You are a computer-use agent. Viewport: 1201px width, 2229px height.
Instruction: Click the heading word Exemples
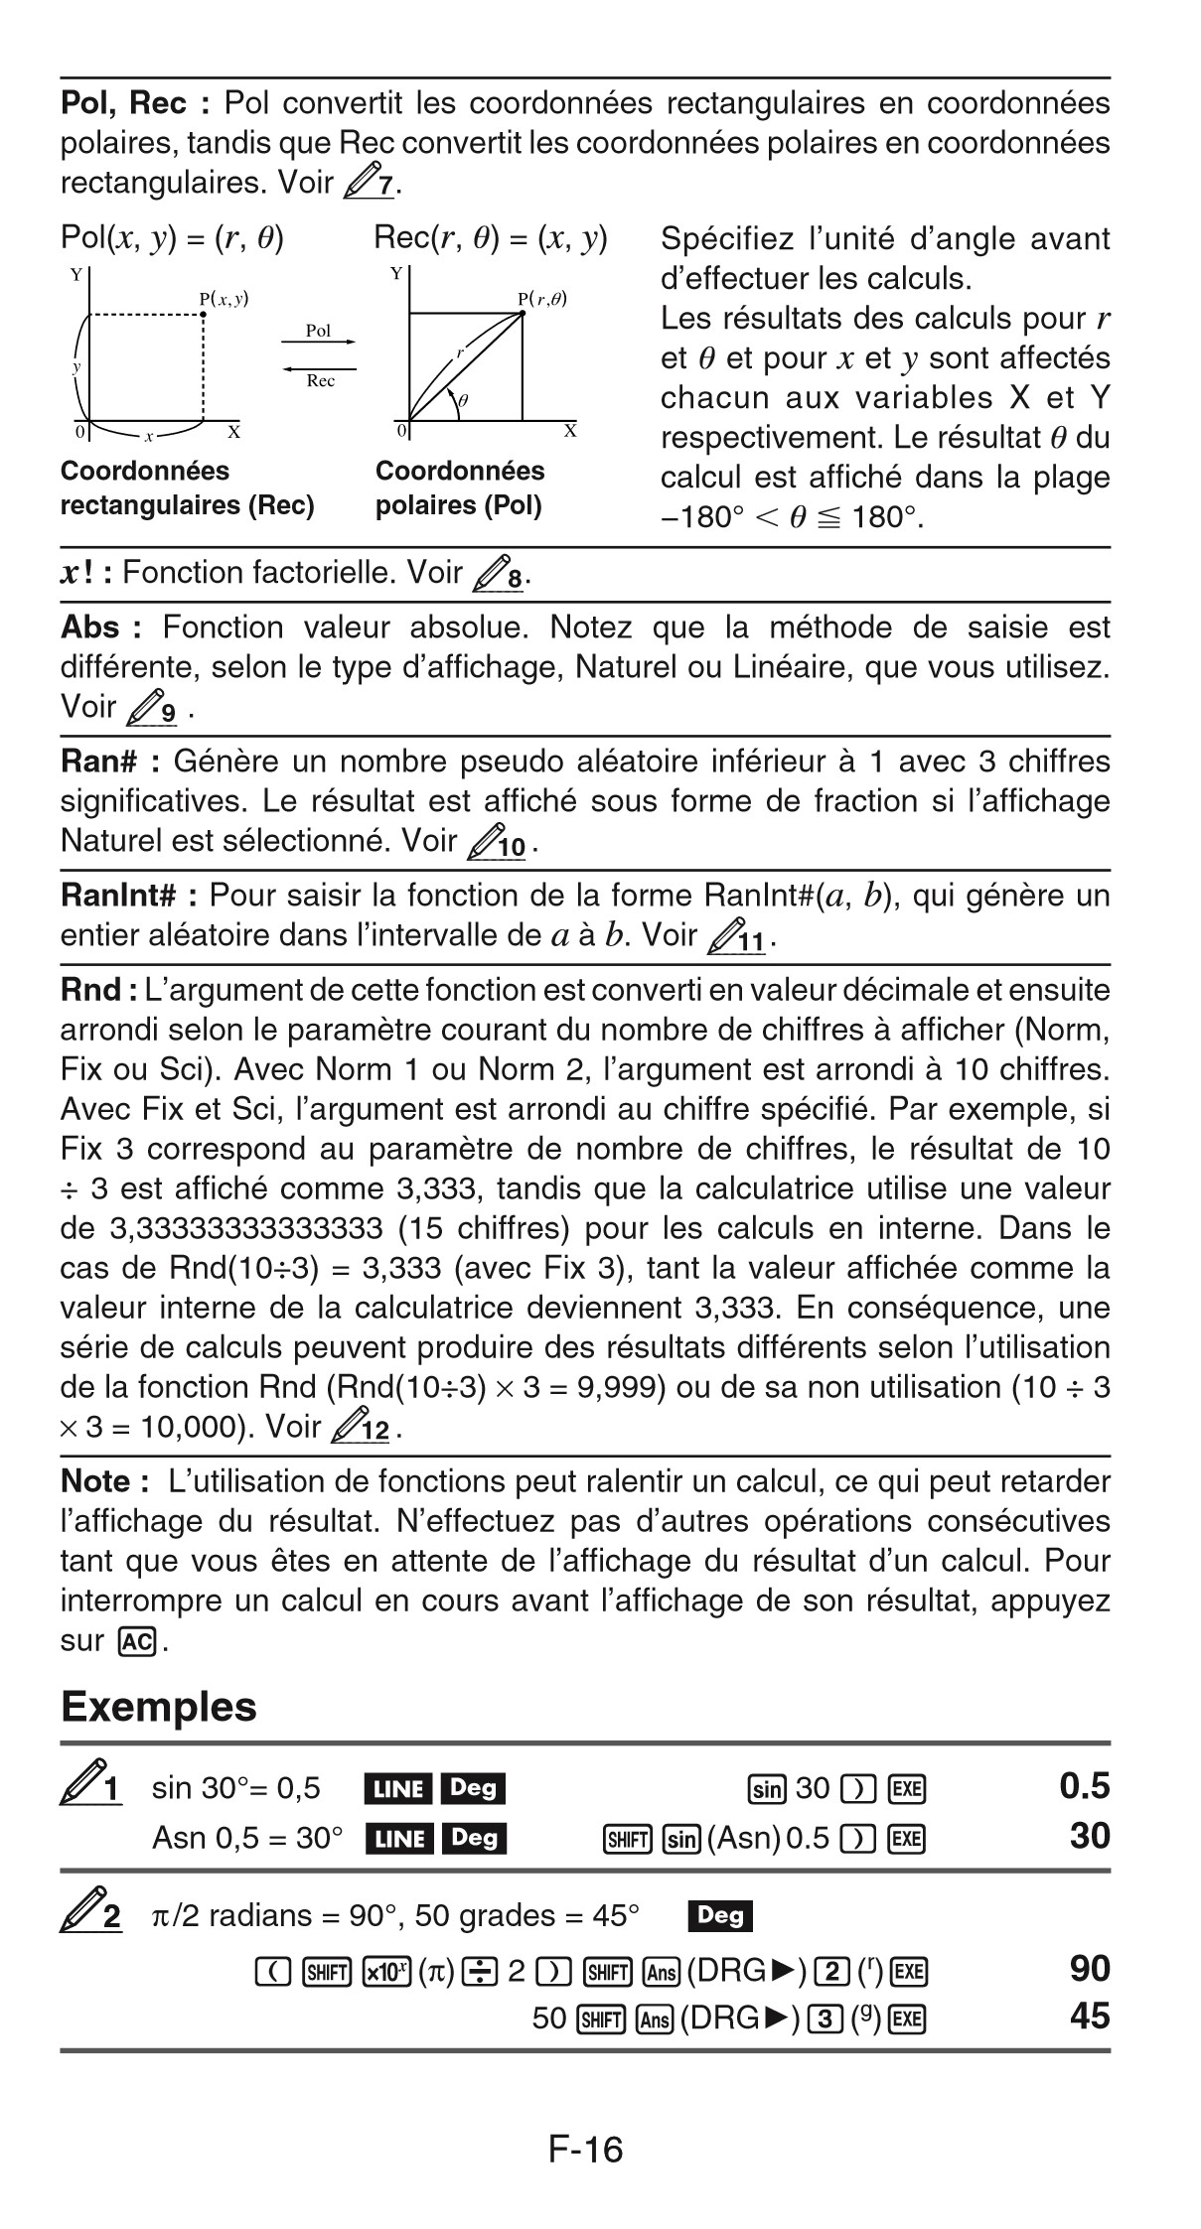coord(159,1706)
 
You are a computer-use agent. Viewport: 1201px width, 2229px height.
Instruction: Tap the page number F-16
coord(585,2149)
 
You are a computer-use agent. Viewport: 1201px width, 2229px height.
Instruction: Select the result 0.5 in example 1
coord(1084,1786)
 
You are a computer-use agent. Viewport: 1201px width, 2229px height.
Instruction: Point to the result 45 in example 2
coord(1089,2016)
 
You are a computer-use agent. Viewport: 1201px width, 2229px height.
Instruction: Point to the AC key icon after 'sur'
coord(136,1641)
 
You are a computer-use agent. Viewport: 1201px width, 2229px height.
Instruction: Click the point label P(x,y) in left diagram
coord(224,297)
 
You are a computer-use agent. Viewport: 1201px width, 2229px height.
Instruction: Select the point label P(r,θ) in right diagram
coord(541,298)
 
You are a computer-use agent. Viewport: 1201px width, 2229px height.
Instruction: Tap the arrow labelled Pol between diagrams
coord(318,341)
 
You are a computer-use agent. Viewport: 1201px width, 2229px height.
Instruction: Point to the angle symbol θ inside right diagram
coord(464,399)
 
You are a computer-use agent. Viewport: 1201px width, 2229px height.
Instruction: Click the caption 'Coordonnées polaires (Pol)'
coord(460,488)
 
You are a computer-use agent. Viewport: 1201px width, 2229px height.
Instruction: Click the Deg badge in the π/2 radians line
coord(719,1914)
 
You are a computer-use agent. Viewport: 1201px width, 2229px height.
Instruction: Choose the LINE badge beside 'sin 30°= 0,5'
coord(399,1788)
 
